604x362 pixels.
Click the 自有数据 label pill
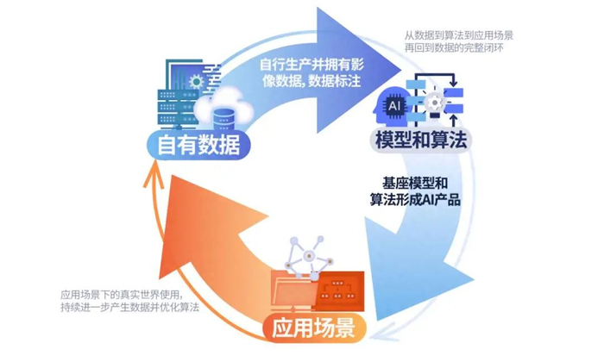tap(192, 145)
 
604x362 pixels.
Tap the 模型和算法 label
tap(418, 140)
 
